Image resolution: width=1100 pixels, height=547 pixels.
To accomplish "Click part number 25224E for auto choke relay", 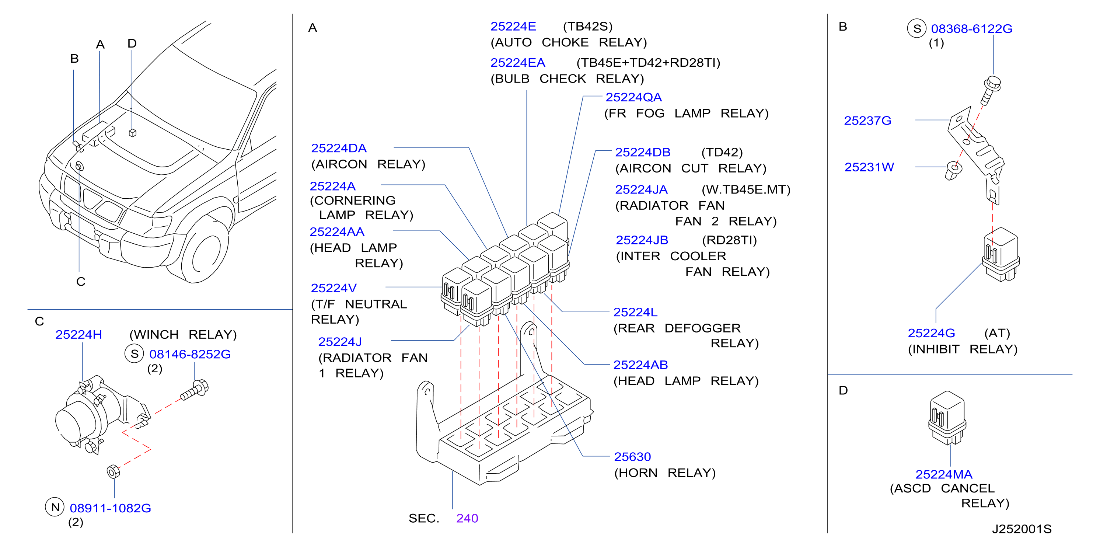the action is pyautogui.click(x=513, y=27).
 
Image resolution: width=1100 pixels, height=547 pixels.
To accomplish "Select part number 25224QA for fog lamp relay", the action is pyautogui.click(x=634, y=97).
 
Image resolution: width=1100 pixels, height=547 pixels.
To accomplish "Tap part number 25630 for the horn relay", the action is pyautogui.click(x=632, y=457).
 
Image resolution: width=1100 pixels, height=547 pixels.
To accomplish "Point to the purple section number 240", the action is pyautogui.click(x=467, y=518).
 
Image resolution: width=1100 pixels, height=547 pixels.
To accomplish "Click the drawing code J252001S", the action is pyautogui.click(x=1022, y=529).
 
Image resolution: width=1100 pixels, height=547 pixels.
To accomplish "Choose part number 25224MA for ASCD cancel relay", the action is pyautogui.click(x=944, y=474).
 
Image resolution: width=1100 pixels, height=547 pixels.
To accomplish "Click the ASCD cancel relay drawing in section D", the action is pyautogui.click(x=947, y=418).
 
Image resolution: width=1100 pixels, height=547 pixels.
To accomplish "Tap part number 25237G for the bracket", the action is pyautogui.click(x=868, y=121).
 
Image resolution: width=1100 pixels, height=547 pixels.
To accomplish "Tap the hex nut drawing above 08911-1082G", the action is pyautogui.click(x=113, y=471).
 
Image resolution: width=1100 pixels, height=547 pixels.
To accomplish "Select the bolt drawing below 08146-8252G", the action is pyautogui.click(x=195, y=390).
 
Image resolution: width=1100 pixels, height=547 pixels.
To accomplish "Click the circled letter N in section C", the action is pyautogui.click(x=55, y=507).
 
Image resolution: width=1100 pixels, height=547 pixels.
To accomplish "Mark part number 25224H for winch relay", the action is pyautogui.click(x=78, y=335).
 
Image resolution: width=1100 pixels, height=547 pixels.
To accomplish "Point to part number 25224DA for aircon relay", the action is pyautogui.click(x=339, y=148).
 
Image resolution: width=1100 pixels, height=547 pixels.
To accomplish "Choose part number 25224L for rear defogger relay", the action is pyautogui.click(x=635, y=313).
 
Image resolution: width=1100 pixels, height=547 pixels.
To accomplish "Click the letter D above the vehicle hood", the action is pyautogui.click(x=132, y=43).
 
